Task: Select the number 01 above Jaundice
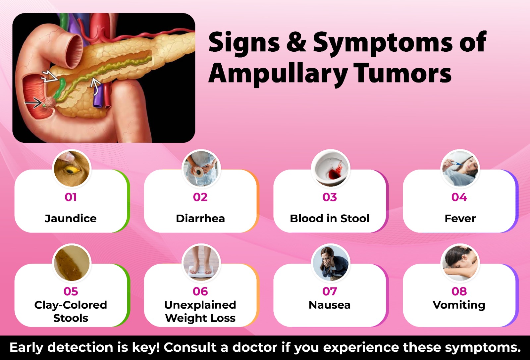pyautogui.click(x=71, y=197)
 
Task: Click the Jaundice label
pyautogui.click(x=71, y=218)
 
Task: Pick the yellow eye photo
pyautogui.click(x=72, y=168)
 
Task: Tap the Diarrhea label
pyautogui.click(x=200, y=218)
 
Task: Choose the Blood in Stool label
pyautogui.click(x=330, y=218)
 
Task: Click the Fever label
pyautogui.click(x=460, y=218)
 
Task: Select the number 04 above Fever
pyautogui.click(x=459, y=197)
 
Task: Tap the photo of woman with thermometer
pyautogui.click(x=460, y=168)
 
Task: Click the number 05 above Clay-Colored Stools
pyautogui.click(x=71, y=291)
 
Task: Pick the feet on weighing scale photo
pyautogui.click(x=201, y=262)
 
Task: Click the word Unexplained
pyautogui.click(x=200, y=305)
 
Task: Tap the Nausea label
pyautogui.click(x=330, y=305)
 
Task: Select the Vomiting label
pyautogui.click(x=459, y=305)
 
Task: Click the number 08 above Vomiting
pyautogui.click(x=459, y=291)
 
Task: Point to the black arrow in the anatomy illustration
pyautogui.click(x=33, y=103)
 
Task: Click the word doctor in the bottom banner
pyautogui.click(x=255, y=347)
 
